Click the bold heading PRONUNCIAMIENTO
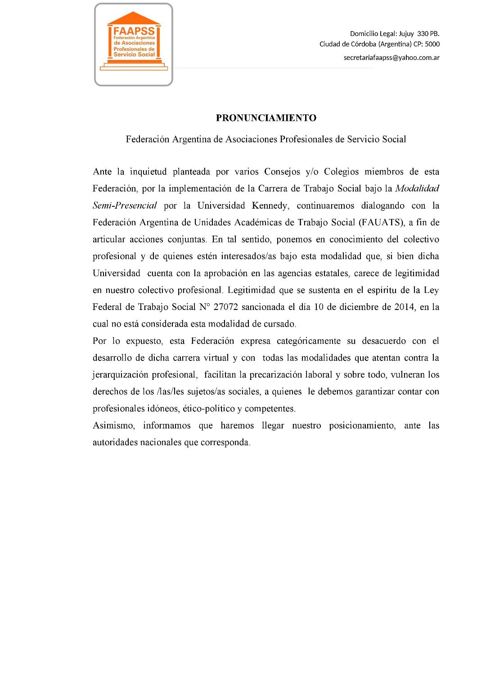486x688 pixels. [266, 118]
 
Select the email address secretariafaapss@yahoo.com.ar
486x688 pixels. [391, 58]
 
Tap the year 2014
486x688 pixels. [404, 307]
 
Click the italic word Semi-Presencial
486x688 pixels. [125, 206]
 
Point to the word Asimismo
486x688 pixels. [113, 426]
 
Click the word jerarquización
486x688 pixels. [121, 375]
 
